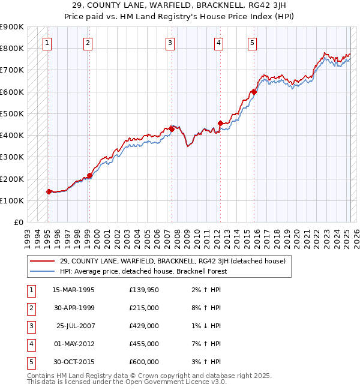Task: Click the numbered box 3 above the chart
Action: (x=170, y=43)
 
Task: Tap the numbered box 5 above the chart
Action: (x=252, y=43)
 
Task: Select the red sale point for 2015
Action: (x=254, y=92)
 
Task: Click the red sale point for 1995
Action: (x=49, y=191)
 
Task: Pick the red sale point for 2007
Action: (x=172, y=128)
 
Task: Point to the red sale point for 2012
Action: (x=220, y=124)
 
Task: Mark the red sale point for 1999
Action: (x=89, y=176)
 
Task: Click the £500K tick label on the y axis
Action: (x=12, y=113)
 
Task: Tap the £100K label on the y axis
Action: (x=12, y=200)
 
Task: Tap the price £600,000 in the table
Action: (x=144, y=362)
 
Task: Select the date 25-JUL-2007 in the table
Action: (x=74, y=326)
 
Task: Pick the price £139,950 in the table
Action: (x=144, y=290)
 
